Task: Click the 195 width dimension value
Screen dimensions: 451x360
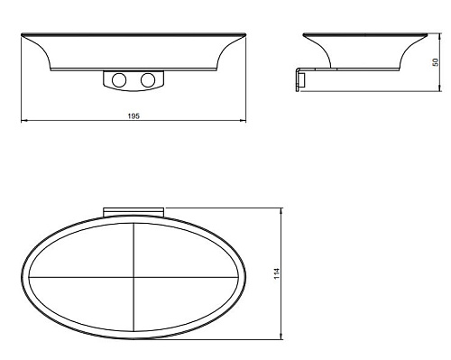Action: (133, 115)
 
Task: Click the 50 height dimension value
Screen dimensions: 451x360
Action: (435, 62)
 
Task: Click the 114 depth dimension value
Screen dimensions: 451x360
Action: (277, 273)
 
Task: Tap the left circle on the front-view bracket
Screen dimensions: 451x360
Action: (119, 80)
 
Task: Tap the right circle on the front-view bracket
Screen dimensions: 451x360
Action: (148, 80)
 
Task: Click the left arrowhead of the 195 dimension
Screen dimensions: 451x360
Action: (23, 121)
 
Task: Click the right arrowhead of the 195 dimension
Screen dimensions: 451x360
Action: (243, 121)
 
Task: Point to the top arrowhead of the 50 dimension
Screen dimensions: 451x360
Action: (440, 37)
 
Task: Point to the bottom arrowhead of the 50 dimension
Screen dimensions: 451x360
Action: (440, 88)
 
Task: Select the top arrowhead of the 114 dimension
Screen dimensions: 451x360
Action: (281, 211)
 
